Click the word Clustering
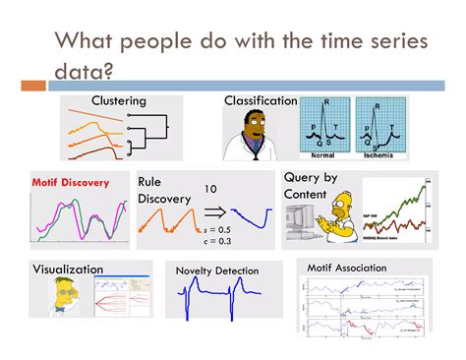point(119,100)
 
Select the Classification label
point(261,100)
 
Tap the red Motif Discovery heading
point(70,183)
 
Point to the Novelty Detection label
point(217,270)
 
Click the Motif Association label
point(346,267)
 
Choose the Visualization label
point(68,269)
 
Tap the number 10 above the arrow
point(210,187)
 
